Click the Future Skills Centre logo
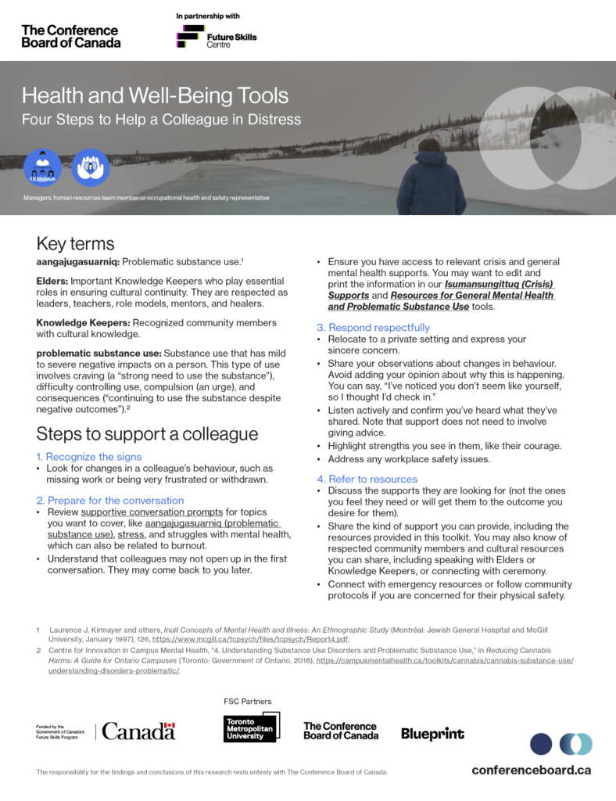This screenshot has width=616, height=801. tap(217, 37)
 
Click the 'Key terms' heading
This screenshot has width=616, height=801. tap(75, 242)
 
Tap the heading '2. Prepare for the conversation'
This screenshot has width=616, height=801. tap(110, 500)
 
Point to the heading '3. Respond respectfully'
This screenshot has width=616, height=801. tap(373, 327)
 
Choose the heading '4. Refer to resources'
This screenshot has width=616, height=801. tap(367, 479)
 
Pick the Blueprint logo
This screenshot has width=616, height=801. tap(432, 734)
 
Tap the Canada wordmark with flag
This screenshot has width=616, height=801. tap(138, 731)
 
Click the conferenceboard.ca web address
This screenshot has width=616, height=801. tap(531, 770)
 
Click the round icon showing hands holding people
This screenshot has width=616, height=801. tap(91, 167)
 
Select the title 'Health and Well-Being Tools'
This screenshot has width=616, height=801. tap(155, 96)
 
